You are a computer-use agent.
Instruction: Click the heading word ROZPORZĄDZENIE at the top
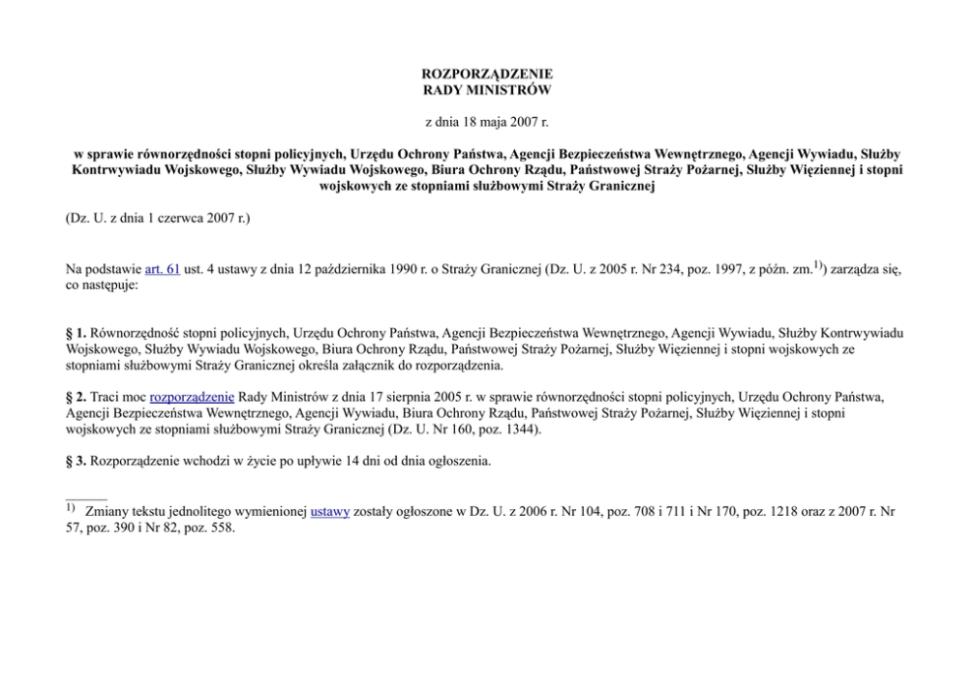[487, 74]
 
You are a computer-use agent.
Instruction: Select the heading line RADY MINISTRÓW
[487, 90]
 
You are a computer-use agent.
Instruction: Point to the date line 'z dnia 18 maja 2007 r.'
[487, 122]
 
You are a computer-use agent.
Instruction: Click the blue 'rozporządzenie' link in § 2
[192, 397]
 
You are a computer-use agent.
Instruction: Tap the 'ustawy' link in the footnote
[330, 511]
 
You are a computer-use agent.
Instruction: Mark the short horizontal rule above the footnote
[86, 497]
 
